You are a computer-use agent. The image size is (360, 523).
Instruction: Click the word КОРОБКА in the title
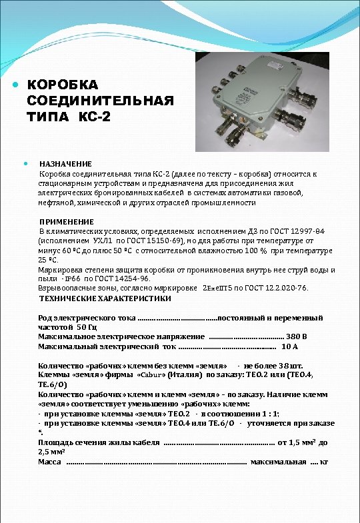[x=63, y=85]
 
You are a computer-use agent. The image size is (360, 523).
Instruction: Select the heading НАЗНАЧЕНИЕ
[x=65, y=163]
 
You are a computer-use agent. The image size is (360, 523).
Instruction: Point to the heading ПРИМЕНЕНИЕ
[x=67, y=221]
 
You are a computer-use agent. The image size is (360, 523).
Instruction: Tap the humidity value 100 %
[x=273, y=251]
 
